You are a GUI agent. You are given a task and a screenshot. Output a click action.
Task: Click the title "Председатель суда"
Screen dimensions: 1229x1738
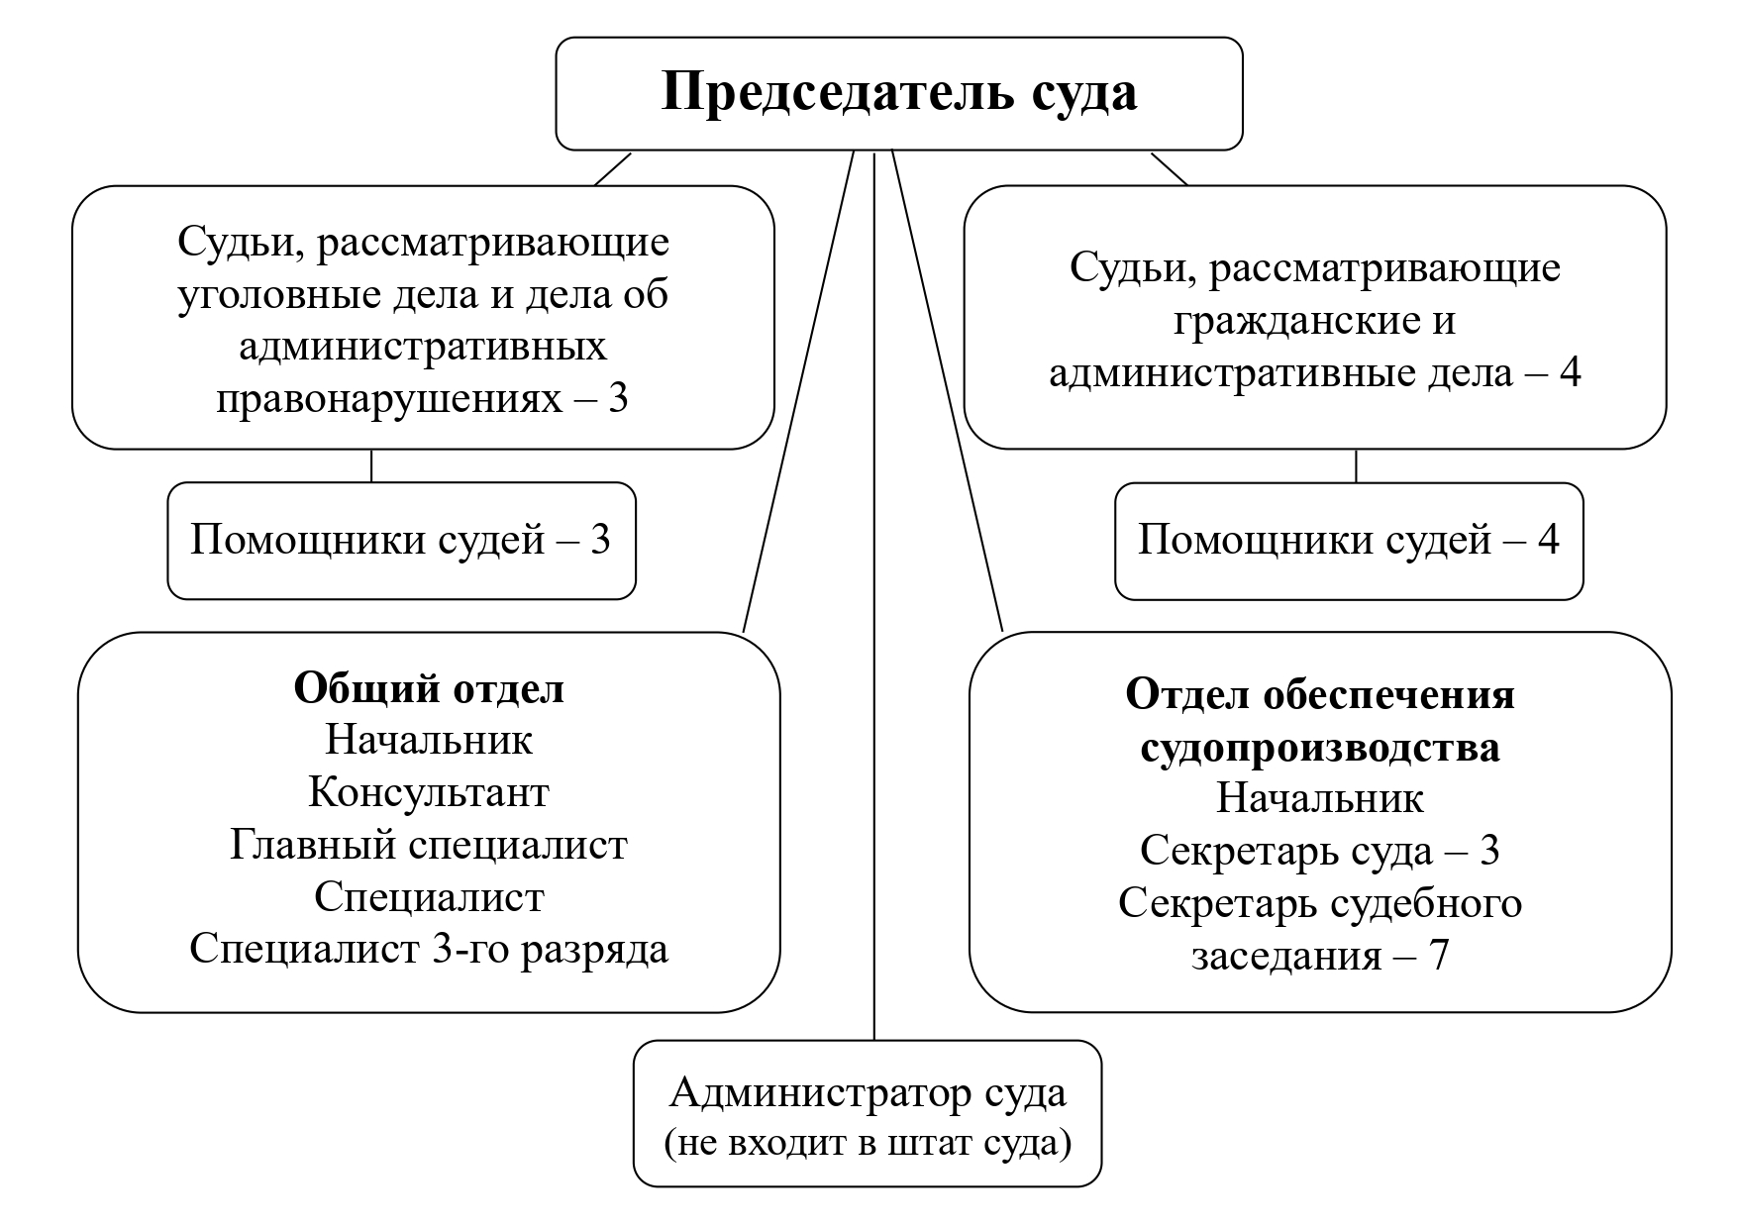898,93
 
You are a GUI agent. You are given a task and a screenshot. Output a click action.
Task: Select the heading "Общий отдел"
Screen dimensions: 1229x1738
429,688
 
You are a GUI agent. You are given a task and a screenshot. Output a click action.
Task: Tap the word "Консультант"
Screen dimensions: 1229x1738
429,792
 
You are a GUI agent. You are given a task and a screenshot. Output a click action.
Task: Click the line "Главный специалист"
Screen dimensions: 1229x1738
429,845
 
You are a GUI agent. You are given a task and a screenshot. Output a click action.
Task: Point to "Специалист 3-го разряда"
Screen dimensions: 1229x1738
429,949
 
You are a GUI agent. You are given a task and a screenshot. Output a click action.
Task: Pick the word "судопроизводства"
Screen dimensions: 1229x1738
1320,748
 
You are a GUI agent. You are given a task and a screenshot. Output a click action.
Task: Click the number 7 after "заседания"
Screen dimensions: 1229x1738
1438,956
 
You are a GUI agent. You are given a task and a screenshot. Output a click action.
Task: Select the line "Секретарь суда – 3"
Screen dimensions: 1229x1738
1320,851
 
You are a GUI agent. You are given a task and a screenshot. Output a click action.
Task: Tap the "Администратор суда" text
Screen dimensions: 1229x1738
868,1093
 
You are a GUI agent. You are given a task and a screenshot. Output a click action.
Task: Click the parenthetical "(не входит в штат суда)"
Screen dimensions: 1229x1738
868,1143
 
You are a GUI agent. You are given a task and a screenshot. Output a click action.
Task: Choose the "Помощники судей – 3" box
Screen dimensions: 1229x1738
401,541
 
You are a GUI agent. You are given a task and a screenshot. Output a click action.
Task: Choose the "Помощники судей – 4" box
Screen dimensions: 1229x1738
1349,541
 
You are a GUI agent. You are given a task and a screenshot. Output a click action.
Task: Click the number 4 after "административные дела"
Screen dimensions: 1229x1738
1569,373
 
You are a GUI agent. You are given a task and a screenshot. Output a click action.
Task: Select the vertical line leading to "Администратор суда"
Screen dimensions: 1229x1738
874,594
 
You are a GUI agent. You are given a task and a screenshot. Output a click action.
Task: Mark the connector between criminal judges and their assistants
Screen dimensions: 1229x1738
371,465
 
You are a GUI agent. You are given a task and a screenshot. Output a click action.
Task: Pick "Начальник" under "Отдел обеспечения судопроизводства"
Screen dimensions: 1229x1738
1320,798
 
